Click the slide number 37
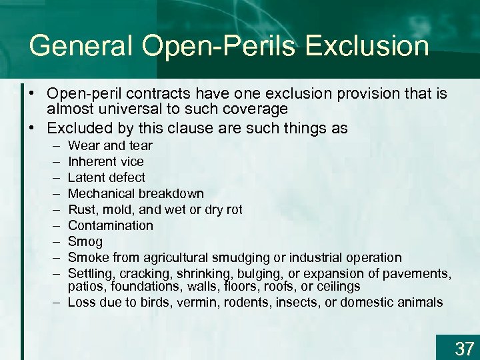click(465, 348)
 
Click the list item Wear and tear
click(110, 145)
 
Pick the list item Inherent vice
click(105, 161)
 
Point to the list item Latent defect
click(106, 177)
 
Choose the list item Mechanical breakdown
click(136, 193)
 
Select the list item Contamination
click(111, 225)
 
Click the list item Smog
click(85, 241)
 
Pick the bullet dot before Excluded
click(31, 127)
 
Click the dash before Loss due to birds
click(53, 302)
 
